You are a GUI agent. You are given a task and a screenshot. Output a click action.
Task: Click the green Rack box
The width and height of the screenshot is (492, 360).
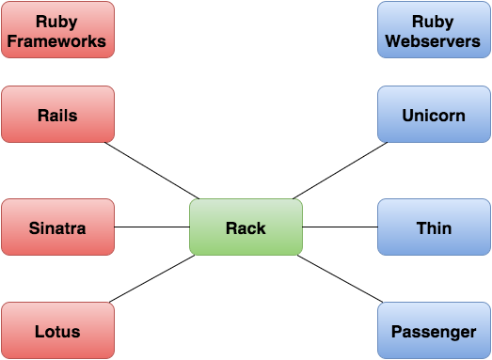[246, 227]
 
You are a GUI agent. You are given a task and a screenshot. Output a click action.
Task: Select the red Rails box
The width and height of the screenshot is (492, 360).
[57, 116]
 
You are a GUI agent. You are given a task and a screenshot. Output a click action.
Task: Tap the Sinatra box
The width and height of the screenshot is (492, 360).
[57, 227]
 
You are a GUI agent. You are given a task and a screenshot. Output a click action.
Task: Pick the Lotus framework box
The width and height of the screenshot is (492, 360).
[57, 331]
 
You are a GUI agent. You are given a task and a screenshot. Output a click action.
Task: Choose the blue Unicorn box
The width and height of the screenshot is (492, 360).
[434, 116]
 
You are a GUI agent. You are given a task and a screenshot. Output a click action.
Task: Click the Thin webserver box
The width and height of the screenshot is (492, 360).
[434, 227]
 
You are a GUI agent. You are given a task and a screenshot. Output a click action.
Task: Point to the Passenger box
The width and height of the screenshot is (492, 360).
[434, 331]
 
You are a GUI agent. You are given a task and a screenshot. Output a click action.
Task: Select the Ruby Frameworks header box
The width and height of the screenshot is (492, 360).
[57, 30]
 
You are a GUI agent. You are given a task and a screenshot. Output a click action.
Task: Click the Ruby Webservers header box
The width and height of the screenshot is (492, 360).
[434, 30]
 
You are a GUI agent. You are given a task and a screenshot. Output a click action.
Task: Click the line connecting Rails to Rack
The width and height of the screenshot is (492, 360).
[151, 171]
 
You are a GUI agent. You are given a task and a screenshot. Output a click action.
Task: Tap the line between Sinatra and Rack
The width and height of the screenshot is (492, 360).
[151, 227]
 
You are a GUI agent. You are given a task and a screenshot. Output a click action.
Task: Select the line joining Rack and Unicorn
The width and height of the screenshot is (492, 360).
[340, 171]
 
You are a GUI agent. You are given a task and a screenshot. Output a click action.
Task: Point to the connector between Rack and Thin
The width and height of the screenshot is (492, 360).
[340, 227]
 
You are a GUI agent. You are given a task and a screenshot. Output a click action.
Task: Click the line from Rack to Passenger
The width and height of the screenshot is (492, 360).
[341, 279]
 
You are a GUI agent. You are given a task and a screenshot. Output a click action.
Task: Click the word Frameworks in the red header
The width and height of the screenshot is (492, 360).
[57, 40]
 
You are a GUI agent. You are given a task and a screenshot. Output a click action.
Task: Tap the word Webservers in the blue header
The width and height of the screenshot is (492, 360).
[434, 40]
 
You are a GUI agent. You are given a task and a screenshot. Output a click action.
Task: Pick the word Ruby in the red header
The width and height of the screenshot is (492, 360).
[57, 21]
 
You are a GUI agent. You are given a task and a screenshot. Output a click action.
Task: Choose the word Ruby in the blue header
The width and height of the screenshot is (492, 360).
[434, 21]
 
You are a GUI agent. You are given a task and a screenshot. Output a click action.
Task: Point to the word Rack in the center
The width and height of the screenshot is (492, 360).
[246, 227]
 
